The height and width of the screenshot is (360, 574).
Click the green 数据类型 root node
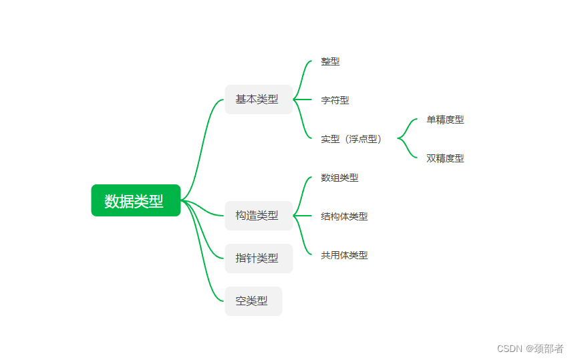tap(136, 200)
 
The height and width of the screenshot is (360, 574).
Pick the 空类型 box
tap(253, 301)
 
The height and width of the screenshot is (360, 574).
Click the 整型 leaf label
tap(330, 61)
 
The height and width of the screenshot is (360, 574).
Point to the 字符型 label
tap(335, 100)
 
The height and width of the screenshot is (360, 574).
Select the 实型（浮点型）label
tap(351, 139)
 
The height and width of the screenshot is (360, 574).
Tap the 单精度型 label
tap(445, 120)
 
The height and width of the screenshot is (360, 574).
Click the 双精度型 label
tap(445, 158)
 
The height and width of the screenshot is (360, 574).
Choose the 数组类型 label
tap(339, 178)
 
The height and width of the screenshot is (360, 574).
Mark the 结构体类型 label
tap(344, 216)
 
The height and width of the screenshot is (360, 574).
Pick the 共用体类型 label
tap(344, 255)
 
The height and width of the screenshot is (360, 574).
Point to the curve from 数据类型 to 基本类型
tap(203, 147)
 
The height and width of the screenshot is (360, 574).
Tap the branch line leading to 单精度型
tap(409, 125)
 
